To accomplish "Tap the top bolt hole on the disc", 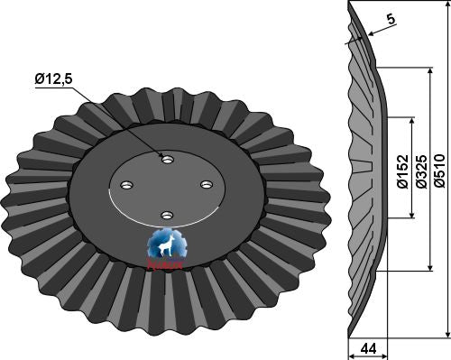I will [166, 158].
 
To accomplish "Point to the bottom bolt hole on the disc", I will [166, 215].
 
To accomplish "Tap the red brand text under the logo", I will [167, 264].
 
